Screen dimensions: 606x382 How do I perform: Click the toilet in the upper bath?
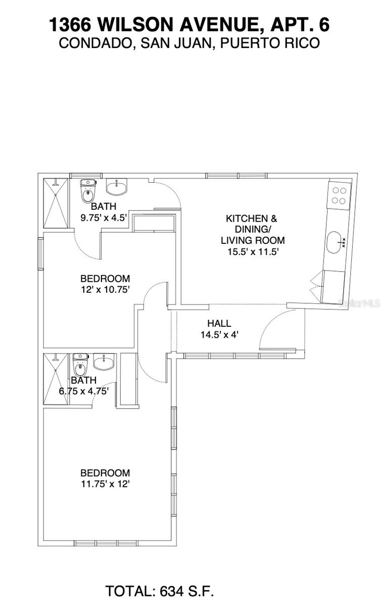[88, 191]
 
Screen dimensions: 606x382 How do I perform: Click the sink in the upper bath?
[117, 187]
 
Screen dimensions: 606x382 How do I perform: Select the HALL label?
[219, 323]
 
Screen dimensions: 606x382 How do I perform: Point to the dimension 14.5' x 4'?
[219, 334]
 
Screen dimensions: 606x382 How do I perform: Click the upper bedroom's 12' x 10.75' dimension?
[105, 289]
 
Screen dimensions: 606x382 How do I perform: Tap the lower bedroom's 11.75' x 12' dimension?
[105, 484]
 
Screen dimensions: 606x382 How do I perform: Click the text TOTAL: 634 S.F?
[160, 591]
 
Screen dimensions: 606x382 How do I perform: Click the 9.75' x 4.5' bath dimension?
[103, 218]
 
